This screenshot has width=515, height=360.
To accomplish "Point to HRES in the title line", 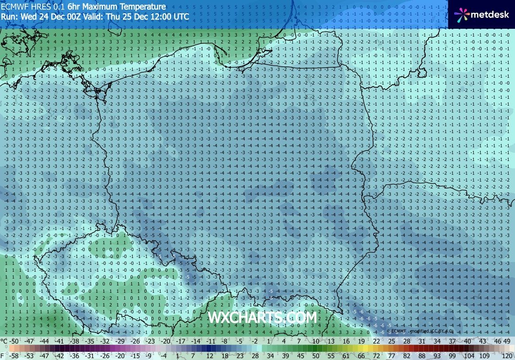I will (39, 7).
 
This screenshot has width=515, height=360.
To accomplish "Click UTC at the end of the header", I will (180, 16).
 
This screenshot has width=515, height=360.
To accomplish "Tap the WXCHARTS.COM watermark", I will (262, 317).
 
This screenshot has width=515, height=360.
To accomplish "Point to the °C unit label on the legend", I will (4, 341).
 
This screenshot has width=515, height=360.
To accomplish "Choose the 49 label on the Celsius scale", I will (507, 341).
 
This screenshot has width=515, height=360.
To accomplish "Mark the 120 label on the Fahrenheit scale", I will (506, 355).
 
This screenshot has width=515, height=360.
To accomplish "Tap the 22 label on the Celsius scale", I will (377, 341).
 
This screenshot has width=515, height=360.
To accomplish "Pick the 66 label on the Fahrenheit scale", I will (362, 355).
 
